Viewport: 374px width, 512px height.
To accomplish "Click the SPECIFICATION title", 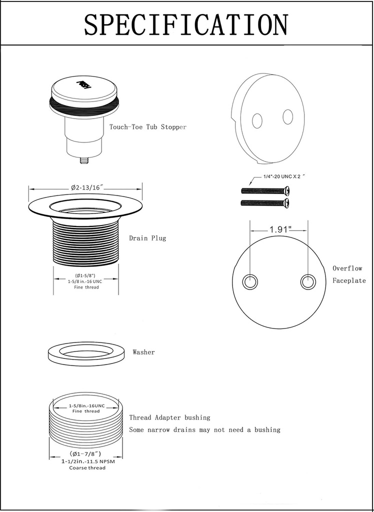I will tap(186, 24).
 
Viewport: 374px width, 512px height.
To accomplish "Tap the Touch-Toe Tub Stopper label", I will tap(148, 127).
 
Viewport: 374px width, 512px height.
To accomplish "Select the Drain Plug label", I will tap(147, 238).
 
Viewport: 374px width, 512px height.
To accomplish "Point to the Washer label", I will tap(143, 352).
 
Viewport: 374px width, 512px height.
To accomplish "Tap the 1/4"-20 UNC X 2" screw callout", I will tap(284, 176).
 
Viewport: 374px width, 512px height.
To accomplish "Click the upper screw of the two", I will tap(265, 190).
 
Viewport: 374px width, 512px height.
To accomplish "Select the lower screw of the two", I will tap(265, 203).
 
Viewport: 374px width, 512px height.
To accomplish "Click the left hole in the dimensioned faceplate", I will tap(250, 282).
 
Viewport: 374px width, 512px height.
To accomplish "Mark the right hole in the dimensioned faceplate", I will tap(308, 282).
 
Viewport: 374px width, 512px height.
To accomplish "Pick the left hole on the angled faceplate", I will tap(257, 120).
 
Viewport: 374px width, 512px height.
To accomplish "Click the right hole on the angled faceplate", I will tap(287, 116).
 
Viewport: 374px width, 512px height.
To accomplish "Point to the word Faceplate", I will tap(349, 280).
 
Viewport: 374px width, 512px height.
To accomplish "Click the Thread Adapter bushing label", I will tap(169, 417).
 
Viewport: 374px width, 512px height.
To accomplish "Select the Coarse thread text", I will tap(87, 468).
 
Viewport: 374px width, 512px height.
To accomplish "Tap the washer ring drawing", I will tap(86, 354).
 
